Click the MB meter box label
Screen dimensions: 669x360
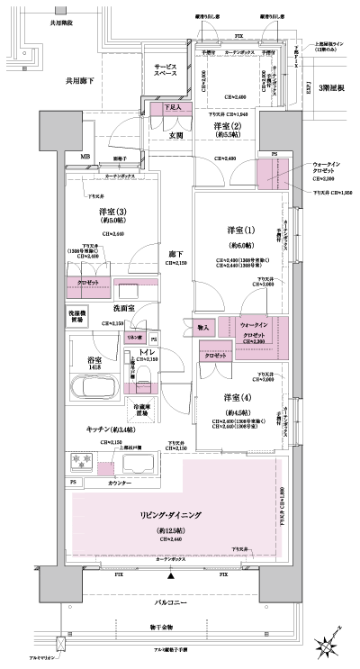pos(85,158)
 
